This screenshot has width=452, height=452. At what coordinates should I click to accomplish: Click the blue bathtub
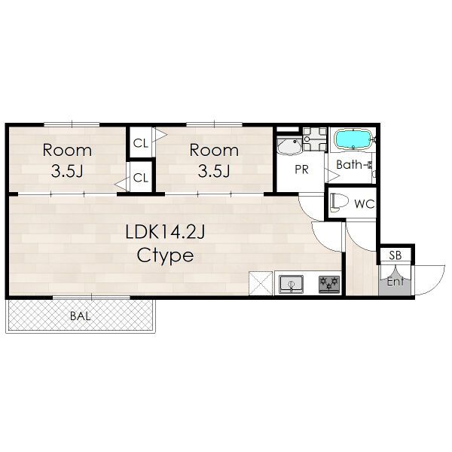coord(353,140)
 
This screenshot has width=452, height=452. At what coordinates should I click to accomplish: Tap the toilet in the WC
coord(338,201)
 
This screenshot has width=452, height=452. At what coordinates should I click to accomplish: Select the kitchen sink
coord(292,284)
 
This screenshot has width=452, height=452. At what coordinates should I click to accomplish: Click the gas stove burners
coord(329,285)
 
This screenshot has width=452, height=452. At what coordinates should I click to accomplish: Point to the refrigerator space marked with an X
coord(261,283)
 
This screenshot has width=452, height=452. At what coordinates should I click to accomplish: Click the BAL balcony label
coord(81,316)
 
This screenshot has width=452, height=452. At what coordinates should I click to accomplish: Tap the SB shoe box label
coord(395,255)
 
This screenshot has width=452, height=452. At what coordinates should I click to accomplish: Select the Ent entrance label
coord(395,282)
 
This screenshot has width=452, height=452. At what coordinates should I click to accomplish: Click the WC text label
coord(365,204)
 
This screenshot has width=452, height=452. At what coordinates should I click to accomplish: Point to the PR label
coord(301,169)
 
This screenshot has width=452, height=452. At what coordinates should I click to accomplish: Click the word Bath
coord(350,164)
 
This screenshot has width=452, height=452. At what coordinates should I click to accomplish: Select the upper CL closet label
coord(141,143)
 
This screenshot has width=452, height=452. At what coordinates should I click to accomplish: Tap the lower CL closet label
coord(141,178)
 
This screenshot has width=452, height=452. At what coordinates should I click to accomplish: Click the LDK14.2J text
coord(165,232)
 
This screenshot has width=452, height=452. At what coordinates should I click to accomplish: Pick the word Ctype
coord(165,256)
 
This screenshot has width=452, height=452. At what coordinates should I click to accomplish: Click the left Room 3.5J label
coord(67,160)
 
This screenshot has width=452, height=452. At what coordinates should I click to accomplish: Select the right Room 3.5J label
coord(214,160)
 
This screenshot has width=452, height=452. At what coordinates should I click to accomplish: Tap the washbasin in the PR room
coord(289,146)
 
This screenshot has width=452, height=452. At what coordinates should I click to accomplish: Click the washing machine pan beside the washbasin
coord(315,139)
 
